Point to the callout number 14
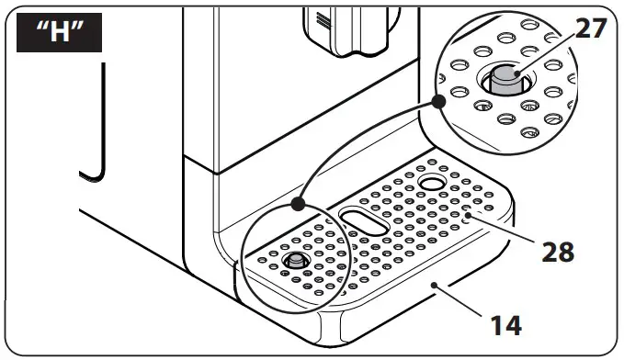tap(504, 323)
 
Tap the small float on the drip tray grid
tap(295, 262)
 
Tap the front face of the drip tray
tap(386, 312)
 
